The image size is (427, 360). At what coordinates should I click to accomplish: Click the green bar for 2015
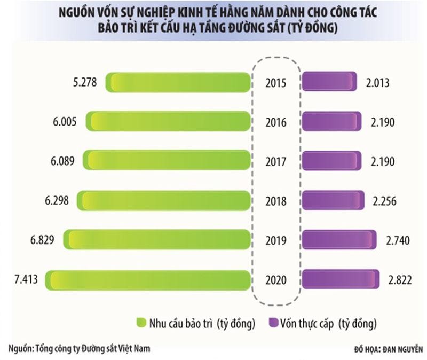pyautogui.click(x=178, y=82)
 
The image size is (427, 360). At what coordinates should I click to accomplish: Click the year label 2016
pyautogui.click(x=276, y=122)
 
